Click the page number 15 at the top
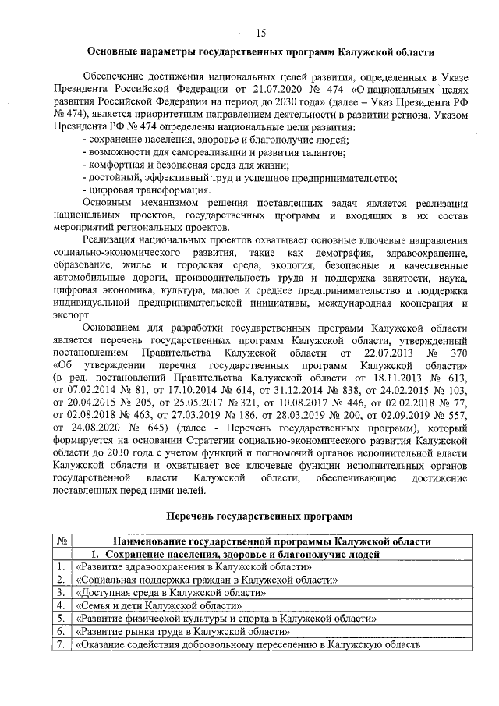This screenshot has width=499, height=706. point(260,32)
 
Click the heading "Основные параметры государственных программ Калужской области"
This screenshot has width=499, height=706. point(260,53)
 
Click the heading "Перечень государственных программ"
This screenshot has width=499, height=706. point(260,516)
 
